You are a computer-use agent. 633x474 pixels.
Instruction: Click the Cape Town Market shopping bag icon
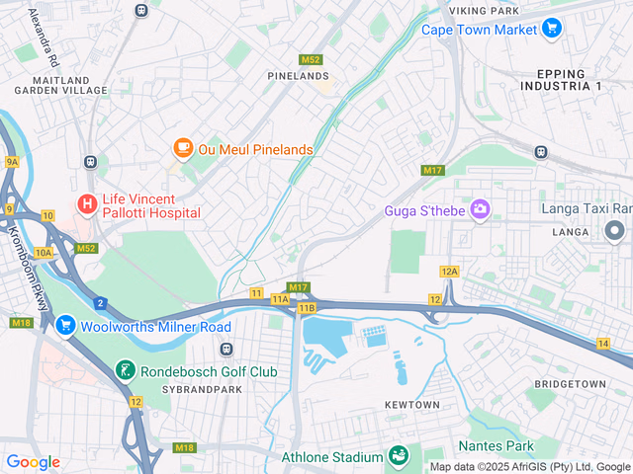coord(551,29)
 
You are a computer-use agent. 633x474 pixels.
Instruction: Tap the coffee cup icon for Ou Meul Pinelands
coord(183,148)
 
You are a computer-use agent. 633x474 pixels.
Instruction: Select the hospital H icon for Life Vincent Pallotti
coord(88,204)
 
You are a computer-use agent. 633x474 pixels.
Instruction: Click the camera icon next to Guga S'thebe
coord(480,208)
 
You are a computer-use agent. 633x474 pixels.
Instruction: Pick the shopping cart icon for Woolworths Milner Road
coord(65,325)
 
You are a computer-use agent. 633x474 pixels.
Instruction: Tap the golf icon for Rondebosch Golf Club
coord(126,370)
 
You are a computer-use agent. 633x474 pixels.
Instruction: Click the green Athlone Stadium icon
coord(398,456)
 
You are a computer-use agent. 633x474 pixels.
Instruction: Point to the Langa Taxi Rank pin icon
coord(614,231)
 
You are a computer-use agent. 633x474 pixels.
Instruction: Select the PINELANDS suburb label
coord(297,75)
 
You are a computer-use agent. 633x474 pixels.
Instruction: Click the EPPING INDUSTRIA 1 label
coord(569,80)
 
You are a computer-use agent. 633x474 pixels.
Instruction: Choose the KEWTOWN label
coord(411,405)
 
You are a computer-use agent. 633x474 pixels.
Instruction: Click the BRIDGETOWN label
coord(568,382)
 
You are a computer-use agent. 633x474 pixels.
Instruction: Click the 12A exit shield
coord(450,271)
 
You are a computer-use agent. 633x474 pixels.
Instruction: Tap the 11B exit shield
coord(306,308)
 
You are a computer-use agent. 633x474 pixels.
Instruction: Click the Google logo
coord(33,461)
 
